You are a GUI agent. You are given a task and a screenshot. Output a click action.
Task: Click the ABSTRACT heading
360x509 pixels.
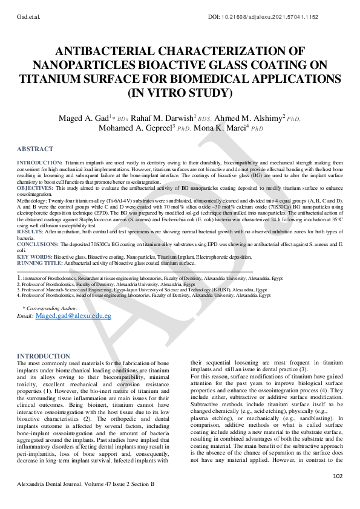(x=34, y=149)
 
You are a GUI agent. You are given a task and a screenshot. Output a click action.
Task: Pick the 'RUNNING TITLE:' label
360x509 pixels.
(x=39, y=263)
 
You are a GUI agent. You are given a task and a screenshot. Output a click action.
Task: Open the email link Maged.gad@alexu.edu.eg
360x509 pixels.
(x=73, y=316)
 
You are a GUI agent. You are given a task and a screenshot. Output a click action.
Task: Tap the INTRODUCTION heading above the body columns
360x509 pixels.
(x=43, y=356)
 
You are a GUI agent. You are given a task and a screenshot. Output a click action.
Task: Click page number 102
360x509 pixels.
(x=338, y=476)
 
